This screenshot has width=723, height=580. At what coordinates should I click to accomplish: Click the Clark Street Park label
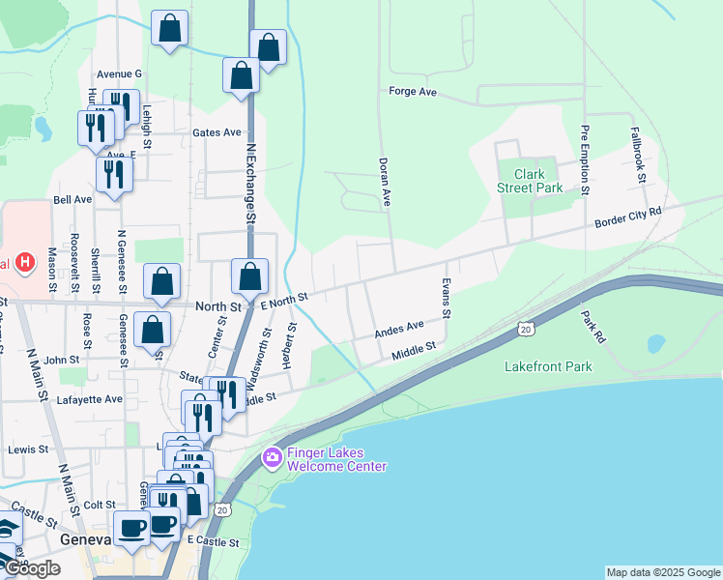pyautogui.click(x=530, y=181)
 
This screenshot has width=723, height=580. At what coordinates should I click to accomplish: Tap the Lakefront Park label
pyautogui.click(x=548, y=366)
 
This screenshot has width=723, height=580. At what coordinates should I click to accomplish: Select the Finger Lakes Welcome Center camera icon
pyautogui.click(x=273, y=455)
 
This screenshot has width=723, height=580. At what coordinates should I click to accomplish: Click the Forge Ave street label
pyautogui.click(x=413, y=92)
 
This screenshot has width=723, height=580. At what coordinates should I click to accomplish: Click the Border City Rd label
pyautogui.click(x=628, y=217)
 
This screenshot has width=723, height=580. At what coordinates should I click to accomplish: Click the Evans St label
pyautogui.click(x=447, y=300)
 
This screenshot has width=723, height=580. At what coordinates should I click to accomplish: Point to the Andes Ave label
pyautogui.click(x=400, y=329)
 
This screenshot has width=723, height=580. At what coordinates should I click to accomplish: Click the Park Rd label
pyautogui.click(x=593, y=327)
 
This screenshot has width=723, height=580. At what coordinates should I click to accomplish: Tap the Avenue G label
pyautogui.click(x=119, y=73)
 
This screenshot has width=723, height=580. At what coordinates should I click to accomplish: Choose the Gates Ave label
pyautogui.click(x=217, y=132)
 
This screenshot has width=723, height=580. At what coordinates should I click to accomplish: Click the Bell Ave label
pyautogui.click(x=72, y=200)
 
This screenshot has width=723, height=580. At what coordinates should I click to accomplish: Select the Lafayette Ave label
pyautogui.click(x=89, y=398)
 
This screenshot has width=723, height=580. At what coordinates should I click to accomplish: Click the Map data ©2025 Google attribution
pyautogui.click(x=663, y=572)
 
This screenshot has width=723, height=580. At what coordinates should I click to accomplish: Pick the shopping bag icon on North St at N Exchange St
pyautogui.click(x=250, y=275)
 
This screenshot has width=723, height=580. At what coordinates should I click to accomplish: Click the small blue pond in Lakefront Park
pyautogui.click(x=656, y=343)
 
